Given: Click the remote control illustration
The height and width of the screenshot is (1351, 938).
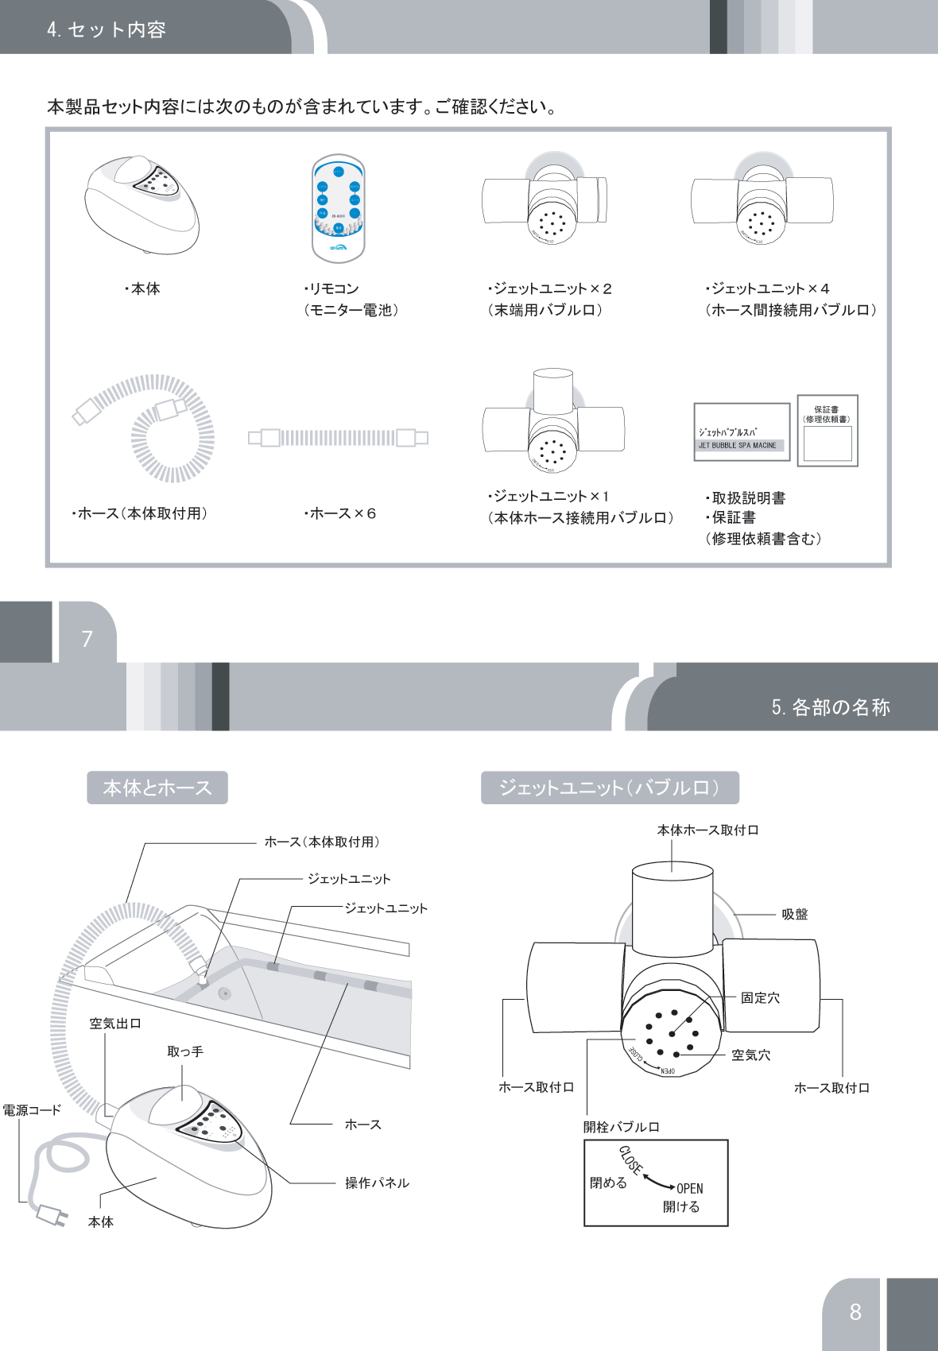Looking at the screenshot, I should (x=339, y=209).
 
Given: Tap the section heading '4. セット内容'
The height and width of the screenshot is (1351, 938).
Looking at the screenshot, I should (x=106, y=29).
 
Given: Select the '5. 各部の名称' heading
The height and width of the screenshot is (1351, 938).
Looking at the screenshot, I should (x=830, y=706).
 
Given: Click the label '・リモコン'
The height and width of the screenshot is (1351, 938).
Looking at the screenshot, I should (x=331, y=288).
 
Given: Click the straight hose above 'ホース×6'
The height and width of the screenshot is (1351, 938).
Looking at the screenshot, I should (x=338, y=437).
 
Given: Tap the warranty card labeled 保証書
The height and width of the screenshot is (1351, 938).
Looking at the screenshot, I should (x=828, y=430).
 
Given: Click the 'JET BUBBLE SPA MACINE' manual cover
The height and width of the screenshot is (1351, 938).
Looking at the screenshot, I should (x=741, y=432).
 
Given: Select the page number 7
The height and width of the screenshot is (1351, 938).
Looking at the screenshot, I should (x=87, y=638).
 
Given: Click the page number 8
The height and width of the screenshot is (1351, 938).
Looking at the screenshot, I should (x=855, y=1311).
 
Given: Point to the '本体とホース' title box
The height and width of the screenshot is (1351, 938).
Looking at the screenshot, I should (x=157, y=788).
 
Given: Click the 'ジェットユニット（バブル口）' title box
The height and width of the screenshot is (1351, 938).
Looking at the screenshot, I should (x=610, y=788).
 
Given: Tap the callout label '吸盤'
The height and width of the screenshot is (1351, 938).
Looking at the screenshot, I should (x=794, y=915).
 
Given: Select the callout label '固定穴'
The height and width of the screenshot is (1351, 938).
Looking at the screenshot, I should (x=760, y=998).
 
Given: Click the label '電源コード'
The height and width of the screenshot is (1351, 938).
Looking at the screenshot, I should (x=32, y=1110).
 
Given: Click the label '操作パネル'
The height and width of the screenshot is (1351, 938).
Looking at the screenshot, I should (x=377, y=1183).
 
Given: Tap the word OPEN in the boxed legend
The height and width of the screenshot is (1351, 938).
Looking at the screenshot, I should (x=689, y=1189).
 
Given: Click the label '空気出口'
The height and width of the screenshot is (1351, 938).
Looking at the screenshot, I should (x=115, y=1024).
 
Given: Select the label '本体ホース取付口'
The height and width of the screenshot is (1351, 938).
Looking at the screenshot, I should (x=707, y=830).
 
